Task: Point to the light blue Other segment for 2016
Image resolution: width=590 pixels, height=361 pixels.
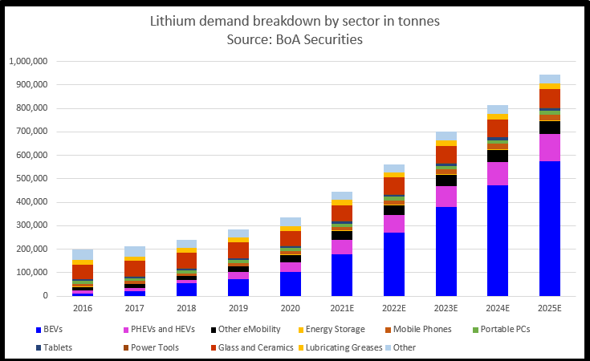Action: tap(83, 254)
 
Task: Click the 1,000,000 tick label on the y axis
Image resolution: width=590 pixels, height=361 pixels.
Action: tap(28, 61)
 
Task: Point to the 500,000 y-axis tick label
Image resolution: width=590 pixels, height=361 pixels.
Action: tap(33, 178)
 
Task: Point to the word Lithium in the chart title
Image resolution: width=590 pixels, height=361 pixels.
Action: tap(171, 22)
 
